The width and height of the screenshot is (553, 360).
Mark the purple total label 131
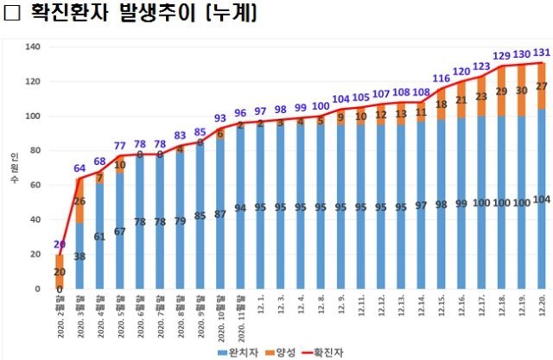[540, 52]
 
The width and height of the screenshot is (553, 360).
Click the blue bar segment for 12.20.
[540, 207]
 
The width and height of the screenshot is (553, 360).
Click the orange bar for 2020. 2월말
[60, 271]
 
